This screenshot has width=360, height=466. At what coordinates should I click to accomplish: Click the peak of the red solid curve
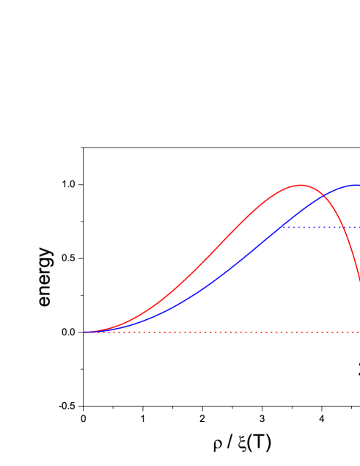tap(300, 185)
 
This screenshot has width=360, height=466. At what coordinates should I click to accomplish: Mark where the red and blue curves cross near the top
tap(322, 193)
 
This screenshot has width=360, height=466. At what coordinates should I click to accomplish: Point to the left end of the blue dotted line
tap(282, 227)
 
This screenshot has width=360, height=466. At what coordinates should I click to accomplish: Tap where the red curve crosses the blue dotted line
tap(345, 227)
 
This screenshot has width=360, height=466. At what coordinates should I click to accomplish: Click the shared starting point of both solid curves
tap(84, 332)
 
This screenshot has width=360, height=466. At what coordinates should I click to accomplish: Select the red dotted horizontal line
tap(220, 332)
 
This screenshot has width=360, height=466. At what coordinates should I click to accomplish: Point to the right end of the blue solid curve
tap(359, 185)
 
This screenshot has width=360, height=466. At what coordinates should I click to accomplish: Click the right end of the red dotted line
tap(359, 332)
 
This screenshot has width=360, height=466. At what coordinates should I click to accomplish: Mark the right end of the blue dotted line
tap(359, 227)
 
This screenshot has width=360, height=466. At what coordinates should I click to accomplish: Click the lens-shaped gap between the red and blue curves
tap(242, 242)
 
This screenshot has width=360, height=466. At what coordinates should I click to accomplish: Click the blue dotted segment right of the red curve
tap(353, 227)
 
